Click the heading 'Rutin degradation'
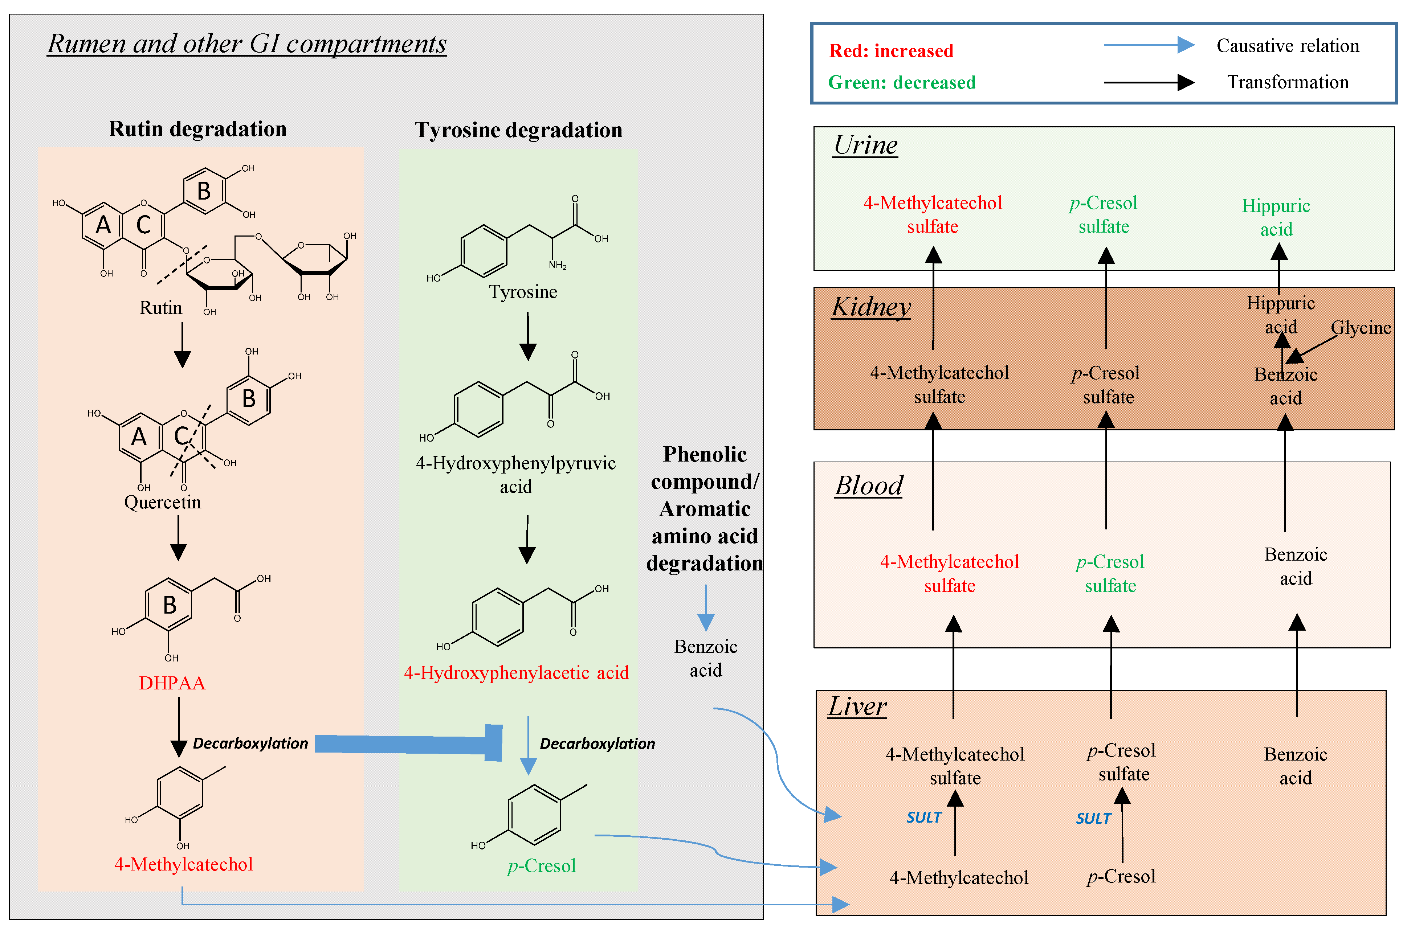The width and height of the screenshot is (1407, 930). tap(197, 129)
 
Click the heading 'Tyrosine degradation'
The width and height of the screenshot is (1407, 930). tap(518, 130)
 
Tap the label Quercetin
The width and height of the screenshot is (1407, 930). tap(163, 502)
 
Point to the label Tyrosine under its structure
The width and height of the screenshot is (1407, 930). tap(523, 292)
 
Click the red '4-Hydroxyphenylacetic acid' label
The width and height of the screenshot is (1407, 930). tap(516, 673)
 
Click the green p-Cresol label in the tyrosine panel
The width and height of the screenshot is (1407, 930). tap(541, 866)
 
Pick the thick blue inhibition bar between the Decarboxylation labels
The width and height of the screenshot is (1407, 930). tap(409, 744)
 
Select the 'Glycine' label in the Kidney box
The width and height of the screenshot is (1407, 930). tap(1360, 327)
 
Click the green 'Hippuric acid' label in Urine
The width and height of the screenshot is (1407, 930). tap(1276, 217)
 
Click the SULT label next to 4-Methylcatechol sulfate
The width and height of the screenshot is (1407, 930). tap(923, 817)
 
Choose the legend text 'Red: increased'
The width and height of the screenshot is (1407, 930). tap(891, 51)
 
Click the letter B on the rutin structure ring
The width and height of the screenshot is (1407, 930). tap(203, 191)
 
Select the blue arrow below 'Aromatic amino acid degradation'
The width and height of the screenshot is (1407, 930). tap(706, 607)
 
